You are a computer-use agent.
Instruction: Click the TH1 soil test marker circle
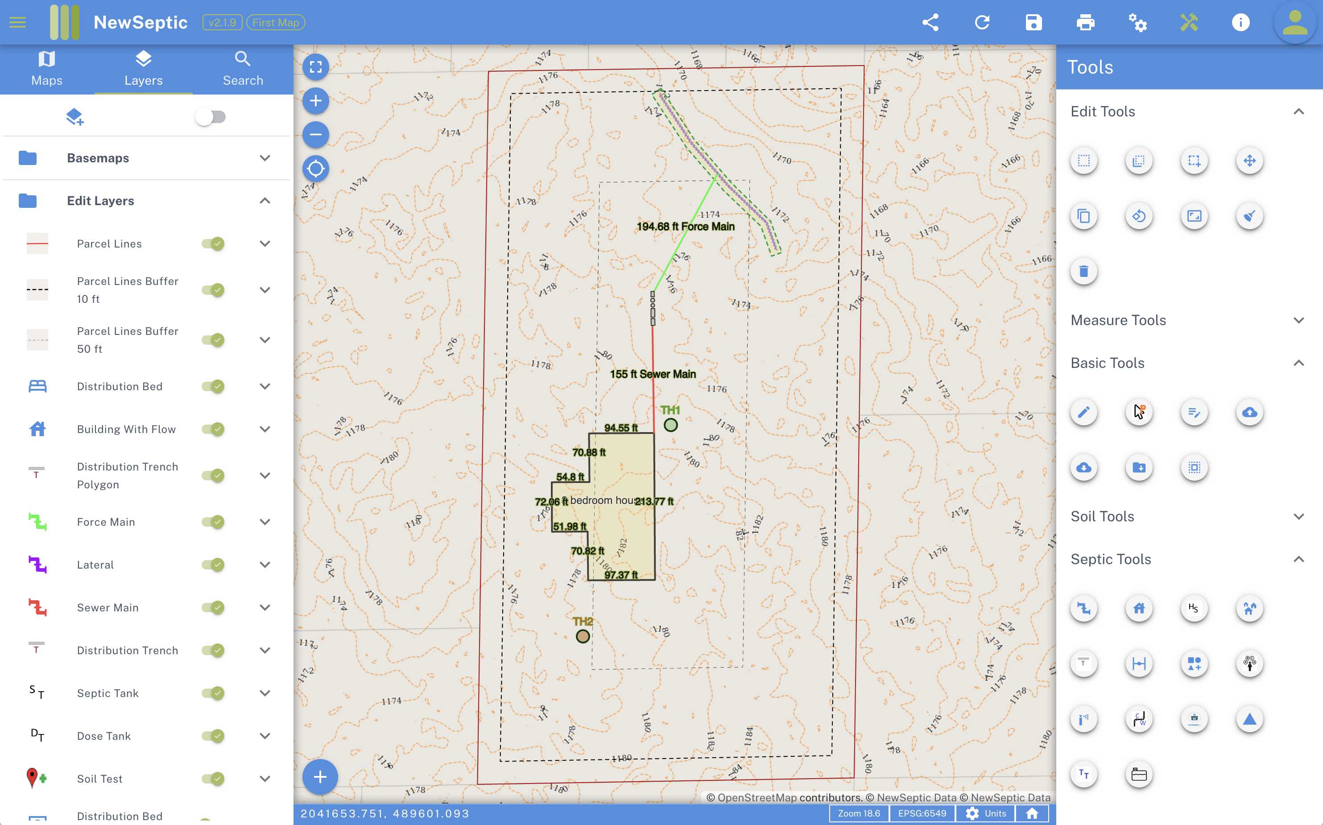[671, 425]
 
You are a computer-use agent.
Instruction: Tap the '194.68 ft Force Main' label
[686, 227]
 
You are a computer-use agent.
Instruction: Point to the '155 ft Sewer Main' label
[653, 374]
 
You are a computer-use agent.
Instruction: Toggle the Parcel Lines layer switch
[213, 244]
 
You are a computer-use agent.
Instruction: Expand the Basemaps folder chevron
[265, 158]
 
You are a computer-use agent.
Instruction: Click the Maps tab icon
[46, 59]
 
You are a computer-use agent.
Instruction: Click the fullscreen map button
[315, 67]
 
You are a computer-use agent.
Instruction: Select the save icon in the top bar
[1034, 22]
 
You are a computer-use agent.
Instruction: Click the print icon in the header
[1085, 22]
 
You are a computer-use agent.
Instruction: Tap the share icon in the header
[930, 22]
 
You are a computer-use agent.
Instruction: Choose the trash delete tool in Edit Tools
[1084, 271]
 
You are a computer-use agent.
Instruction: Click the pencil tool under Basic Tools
[1084, 412]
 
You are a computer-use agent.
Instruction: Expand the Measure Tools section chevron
[1298, 320]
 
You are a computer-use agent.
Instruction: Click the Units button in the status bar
[986, 813]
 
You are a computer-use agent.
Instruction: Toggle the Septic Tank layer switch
[213, 693]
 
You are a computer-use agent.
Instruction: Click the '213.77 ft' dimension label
[654, 501]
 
